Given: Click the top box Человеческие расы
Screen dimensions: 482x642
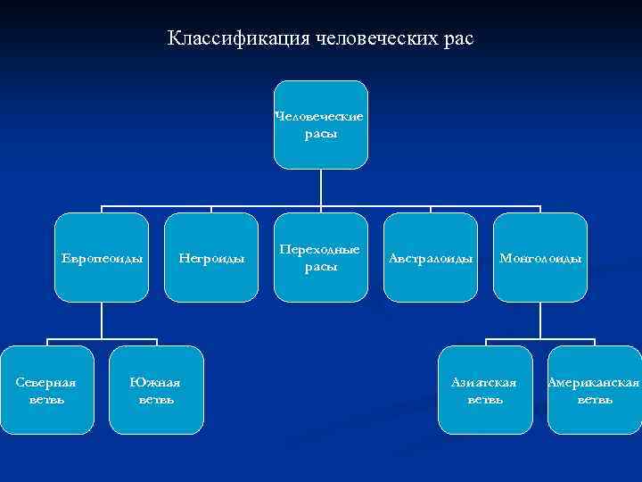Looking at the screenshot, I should coord(320,125).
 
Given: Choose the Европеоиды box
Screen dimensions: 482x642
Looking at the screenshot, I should coord(101,258).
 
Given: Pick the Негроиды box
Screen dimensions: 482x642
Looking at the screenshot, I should coord(211,258).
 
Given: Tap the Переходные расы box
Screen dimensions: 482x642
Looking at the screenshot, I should coord(320,258).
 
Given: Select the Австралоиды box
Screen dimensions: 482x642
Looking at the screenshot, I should coord(430,258).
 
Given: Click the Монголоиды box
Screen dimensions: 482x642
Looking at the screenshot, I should coord(540,258).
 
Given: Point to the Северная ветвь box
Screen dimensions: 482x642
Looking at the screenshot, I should coord(46,390).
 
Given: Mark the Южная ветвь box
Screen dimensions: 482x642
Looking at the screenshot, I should coord(156,390).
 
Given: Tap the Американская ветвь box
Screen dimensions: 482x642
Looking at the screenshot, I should coord(595,390).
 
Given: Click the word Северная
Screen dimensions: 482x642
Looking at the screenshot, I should coord(46,382).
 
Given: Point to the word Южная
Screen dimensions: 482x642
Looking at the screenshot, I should coord(156,382).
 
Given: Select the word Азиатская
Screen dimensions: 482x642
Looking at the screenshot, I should coord(484,382).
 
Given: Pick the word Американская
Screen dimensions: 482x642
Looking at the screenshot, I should coord(594,382).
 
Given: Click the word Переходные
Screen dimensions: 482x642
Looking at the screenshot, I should coord(320,250).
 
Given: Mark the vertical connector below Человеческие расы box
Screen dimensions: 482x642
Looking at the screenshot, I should coord(320,187).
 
